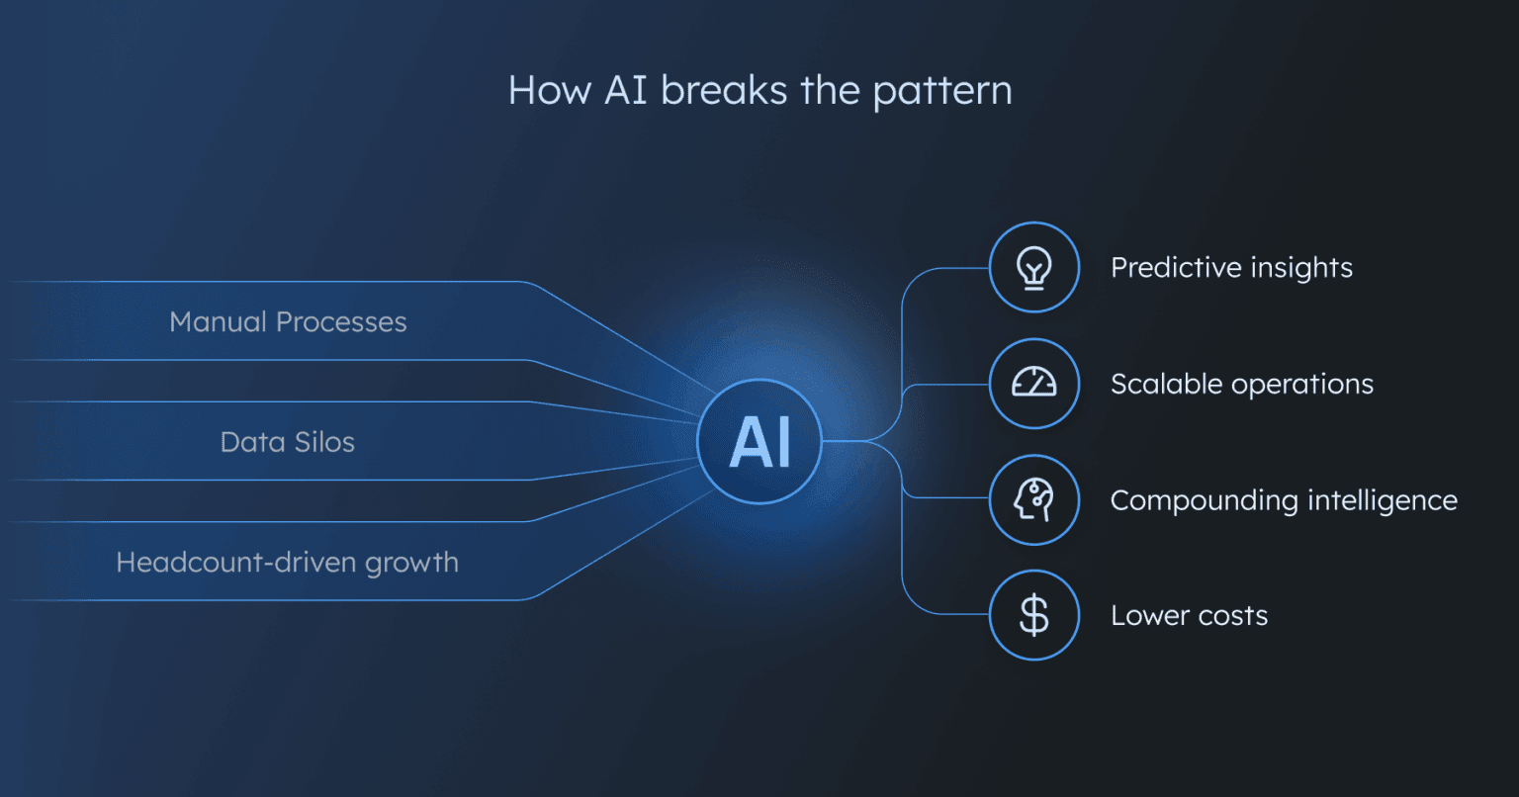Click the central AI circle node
click(759, 442)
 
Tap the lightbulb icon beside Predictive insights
click(1033, 268)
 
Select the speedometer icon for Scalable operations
click(1033, 384)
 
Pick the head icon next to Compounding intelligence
click(1033, 500)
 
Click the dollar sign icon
click(1033, 616)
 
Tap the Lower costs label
click(1189, 616)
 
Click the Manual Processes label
click(288, 322)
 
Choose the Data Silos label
click(287, 442)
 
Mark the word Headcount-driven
click(236, 563)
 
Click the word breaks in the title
click(725, 91)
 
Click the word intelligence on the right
click(1382, 501)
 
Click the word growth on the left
click(411, 564)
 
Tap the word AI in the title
click(627, 91)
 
